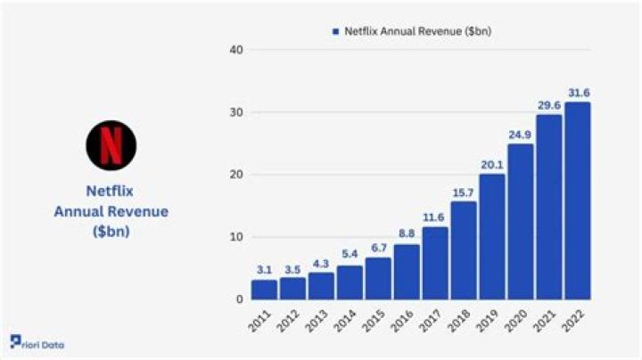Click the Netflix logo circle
coord(111,145)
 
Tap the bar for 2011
coord(264,290)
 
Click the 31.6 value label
coord(577,93)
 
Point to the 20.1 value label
coord(491,165)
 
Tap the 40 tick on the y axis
coord(235,50)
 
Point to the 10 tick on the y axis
coord(235,237)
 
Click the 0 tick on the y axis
coord(239,299)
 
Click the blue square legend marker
coord(336,31)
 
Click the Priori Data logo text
coord(37,344)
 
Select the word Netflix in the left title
coord(111,190)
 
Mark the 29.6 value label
coord(548,105)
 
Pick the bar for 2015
coord(378,278)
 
